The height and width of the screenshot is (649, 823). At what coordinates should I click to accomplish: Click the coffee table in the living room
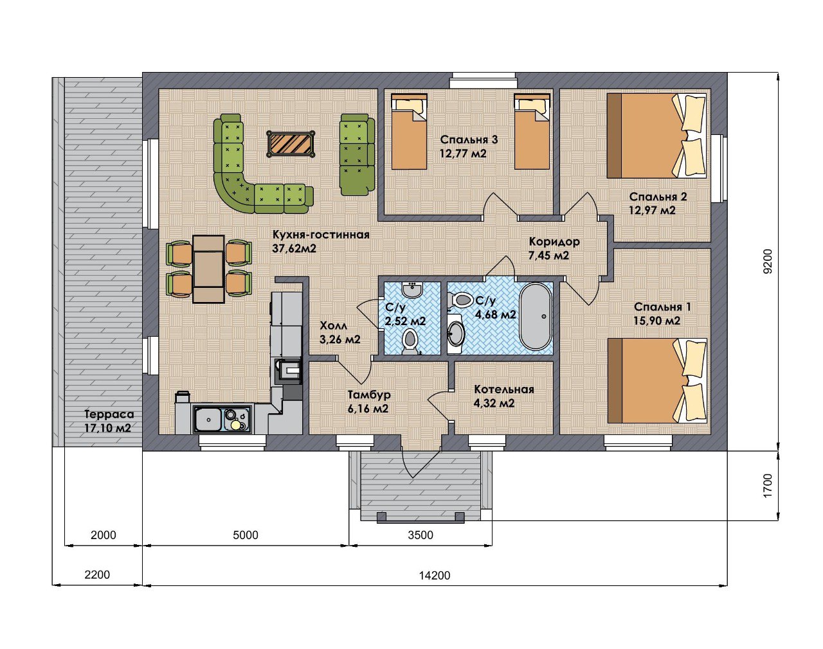(x=291, y=143)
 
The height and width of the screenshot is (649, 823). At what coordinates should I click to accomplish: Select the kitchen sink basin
(x=208, y=420)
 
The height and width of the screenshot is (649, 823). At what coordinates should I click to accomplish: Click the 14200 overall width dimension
(x=435, y=575)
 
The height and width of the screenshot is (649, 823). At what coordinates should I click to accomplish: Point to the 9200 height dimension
(x=767, y=262)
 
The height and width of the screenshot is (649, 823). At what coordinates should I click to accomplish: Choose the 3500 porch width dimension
(x=421, y=535)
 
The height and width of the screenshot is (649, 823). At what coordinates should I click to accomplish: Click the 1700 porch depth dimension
(x=767, y=486)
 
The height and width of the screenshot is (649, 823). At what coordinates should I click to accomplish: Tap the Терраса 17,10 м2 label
(x=109, y=421)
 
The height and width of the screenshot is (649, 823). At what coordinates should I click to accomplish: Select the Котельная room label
(x=503, y=389)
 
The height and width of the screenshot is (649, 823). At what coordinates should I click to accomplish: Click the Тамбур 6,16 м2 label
(x=368, y=402)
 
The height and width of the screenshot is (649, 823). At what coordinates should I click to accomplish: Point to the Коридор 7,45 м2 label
(x=554, y=249)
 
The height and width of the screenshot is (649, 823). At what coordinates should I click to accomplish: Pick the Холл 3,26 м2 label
(x=340, y=332)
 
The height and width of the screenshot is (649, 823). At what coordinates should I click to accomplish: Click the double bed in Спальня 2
(x=656, y=136)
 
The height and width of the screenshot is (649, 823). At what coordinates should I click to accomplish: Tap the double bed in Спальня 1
(x=657, y=380)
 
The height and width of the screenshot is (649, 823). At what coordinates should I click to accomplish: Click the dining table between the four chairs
(x=208, y=269)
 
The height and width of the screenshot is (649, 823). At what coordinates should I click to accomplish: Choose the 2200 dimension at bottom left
(x=97, y=574)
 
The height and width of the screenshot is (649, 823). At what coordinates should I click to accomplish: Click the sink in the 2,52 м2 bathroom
(x=412, y=290)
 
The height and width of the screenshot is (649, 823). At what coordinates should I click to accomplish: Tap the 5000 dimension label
(x=246, y=535)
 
